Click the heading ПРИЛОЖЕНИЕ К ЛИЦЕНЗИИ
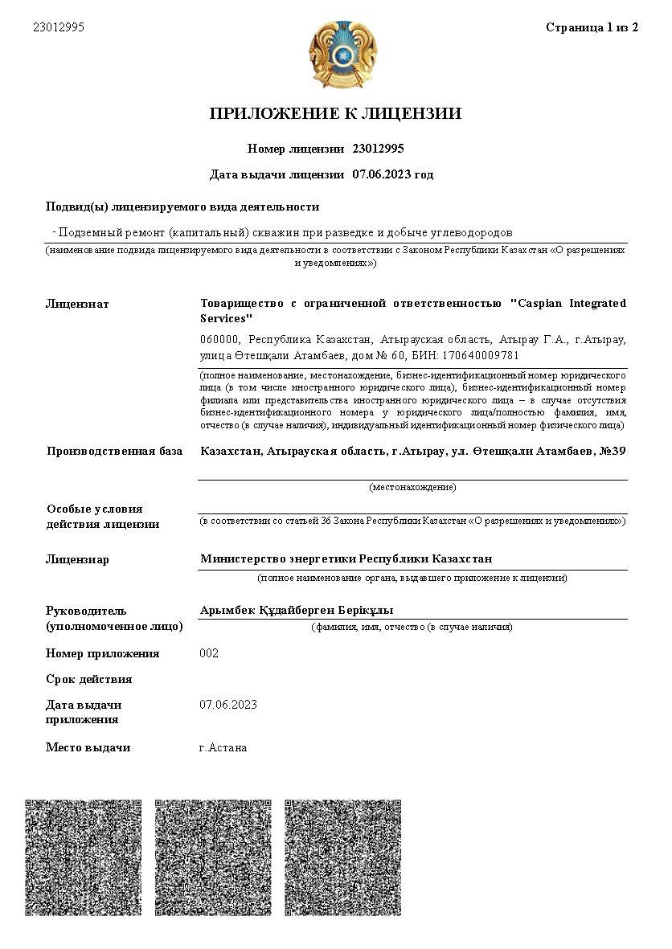335,113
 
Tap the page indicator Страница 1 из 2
592,27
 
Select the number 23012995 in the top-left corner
59,27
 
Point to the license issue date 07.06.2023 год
392,174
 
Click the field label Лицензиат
77,304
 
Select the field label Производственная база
114,451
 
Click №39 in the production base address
613,451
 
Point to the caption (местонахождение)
412,487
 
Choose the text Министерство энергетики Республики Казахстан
346,558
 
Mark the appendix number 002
209,653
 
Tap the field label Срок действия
88,679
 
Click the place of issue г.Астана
223,747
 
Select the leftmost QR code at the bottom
84,857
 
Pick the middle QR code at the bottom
213,857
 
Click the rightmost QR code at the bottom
343,857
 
